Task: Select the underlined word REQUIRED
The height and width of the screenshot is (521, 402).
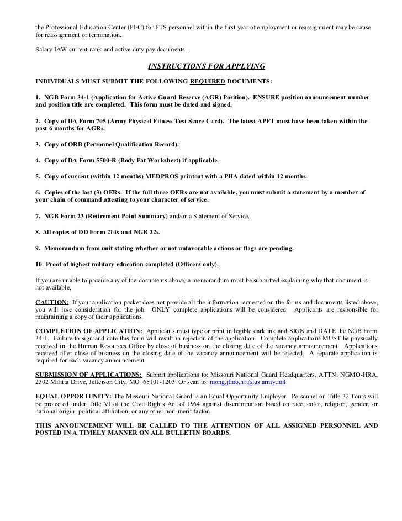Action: click(208, 81)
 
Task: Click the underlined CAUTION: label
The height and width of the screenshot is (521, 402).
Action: click(52, 303)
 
